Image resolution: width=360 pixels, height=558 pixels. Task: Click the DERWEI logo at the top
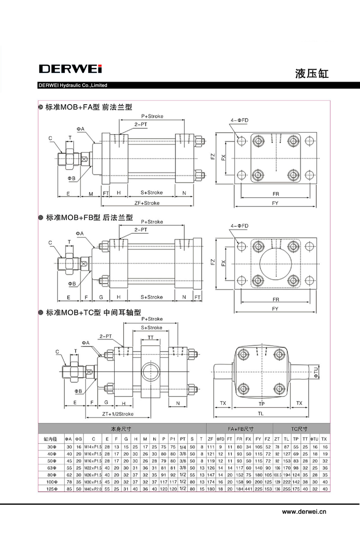point(70,69)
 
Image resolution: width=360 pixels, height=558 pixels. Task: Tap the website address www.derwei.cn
point(304,512)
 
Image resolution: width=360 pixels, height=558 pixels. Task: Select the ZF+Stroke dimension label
point(147,203)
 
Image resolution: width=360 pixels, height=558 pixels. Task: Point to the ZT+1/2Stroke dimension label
point(118,413)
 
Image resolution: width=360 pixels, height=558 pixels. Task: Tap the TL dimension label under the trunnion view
point(260,413)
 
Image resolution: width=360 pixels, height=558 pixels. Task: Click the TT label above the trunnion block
point(151,338)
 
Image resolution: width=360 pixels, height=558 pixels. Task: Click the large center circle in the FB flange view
point(276,264)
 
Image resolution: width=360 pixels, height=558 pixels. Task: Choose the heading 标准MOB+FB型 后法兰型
point(88,218)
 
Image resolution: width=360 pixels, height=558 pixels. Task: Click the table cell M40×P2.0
point(94,489)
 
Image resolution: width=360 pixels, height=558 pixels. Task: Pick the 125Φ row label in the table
point(50,489)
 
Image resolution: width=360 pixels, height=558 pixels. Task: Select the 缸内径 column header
point(50,439)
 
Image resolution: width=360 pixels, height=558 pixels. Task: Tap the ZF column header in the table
point(210,439)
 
